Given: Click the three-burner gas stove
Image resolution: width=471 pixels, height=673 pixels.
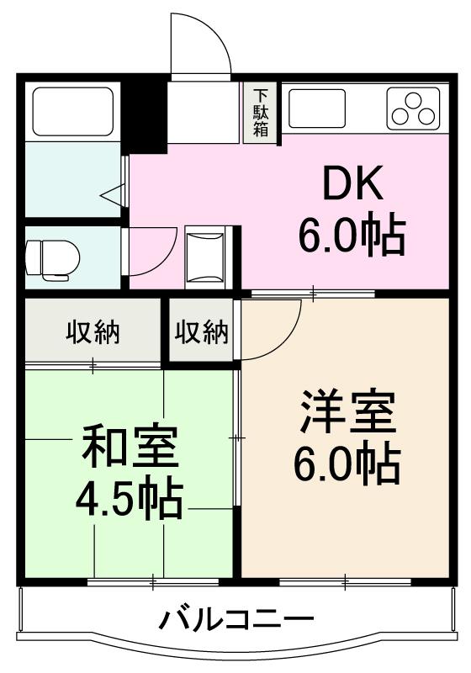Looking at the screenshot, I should (x=413, y=108).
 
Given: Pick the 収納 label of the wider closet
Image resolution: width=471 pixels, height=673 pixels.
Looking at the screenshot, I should (x=93, y=332).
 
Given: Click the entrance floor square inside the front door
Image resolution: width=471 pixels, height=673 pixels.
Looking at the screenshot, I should (x=204, y=112).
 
